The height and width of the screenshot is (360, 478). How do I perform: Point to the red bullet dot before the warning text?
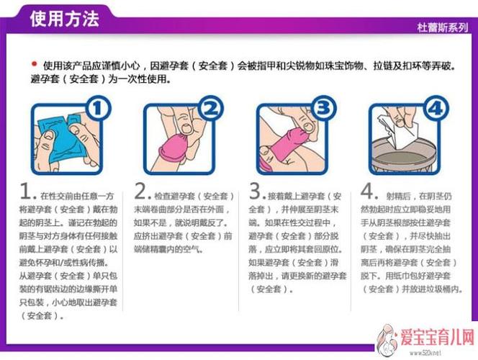click(34, 63)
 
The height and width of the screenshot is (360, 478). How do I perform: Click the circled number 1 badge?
click(98, 109)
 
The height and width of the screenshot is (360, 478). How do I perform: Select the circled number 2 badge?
click(210, 109)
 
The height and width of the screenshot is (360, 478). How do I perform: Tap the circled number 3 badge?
click(324, 109)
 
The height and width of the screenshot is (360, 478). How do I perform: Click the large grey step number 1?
click(28, 192)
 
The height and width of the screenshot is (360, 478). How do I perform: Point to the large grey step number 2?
click(142, 192)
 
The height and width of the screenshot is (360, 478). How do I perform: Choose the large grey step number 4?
click(369, 192)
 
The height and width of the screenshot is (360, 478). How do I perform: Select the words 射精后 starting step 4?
click(400, 195)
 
